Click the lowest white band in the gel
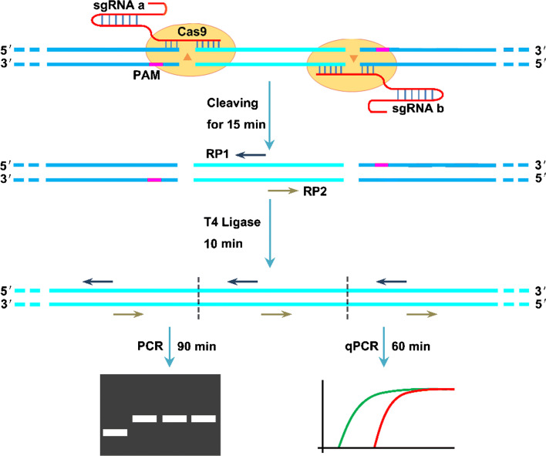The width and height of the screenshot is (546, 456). coord(114,432)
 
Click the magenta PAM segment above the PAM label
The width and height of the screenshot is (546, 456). coord(157,65)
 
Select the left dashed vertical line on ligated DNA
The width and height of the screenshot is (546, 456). coord(199,297)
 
